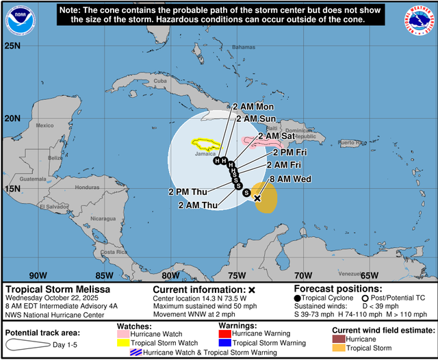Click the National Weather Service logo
[x=418, y=21]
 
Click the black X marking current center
[x=257, y=198]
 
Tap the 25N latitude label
[x=12, y=46]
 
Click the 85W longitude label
[x=104, y=275]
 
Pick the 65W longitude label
[x=369, y=275]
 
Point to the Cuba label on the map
[x=161, y=81]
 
